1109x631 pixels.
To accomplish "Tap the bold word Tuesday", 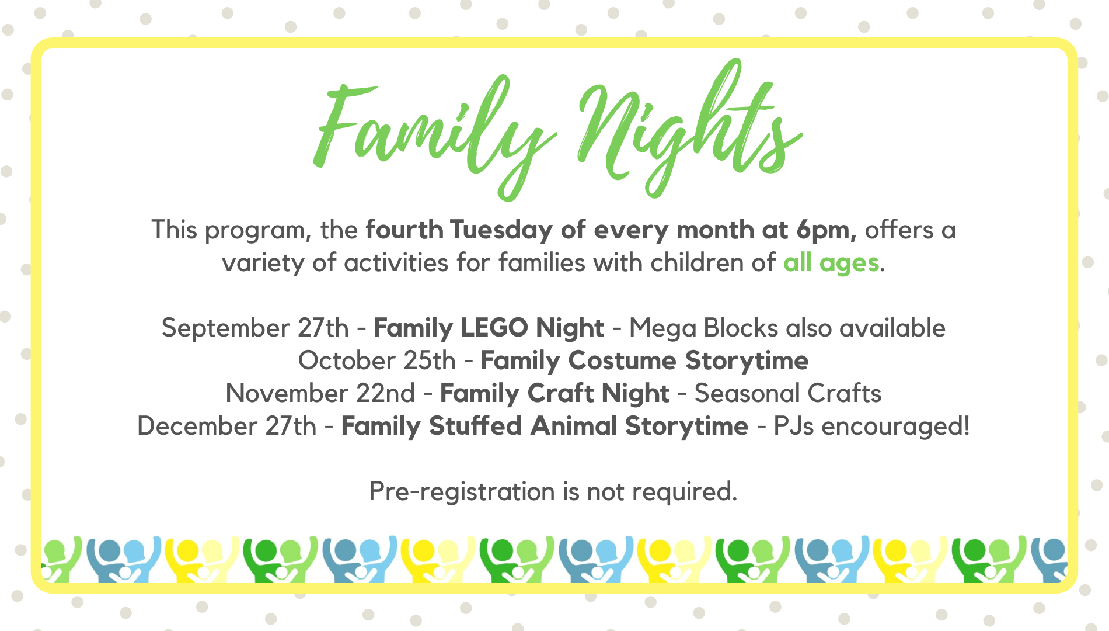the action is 501,231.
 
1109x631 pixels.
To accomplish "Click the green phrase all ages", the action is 831,264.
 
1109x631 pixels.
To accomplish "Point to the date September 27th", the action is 255,328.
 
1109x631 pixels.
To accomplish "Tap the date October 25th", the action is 377,361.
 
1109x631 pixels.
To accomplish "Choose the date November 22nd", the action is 320,394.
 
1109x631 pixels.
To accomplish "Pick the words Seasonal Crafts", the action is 788,394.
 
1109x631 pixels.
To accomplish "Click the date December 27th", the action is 226,427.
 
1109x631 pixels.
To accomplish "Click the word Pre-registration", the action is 462,492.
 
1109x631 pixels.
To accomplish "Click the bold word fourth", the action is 404,231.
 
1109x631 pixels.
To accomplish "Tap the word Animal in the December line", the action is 574,426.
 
